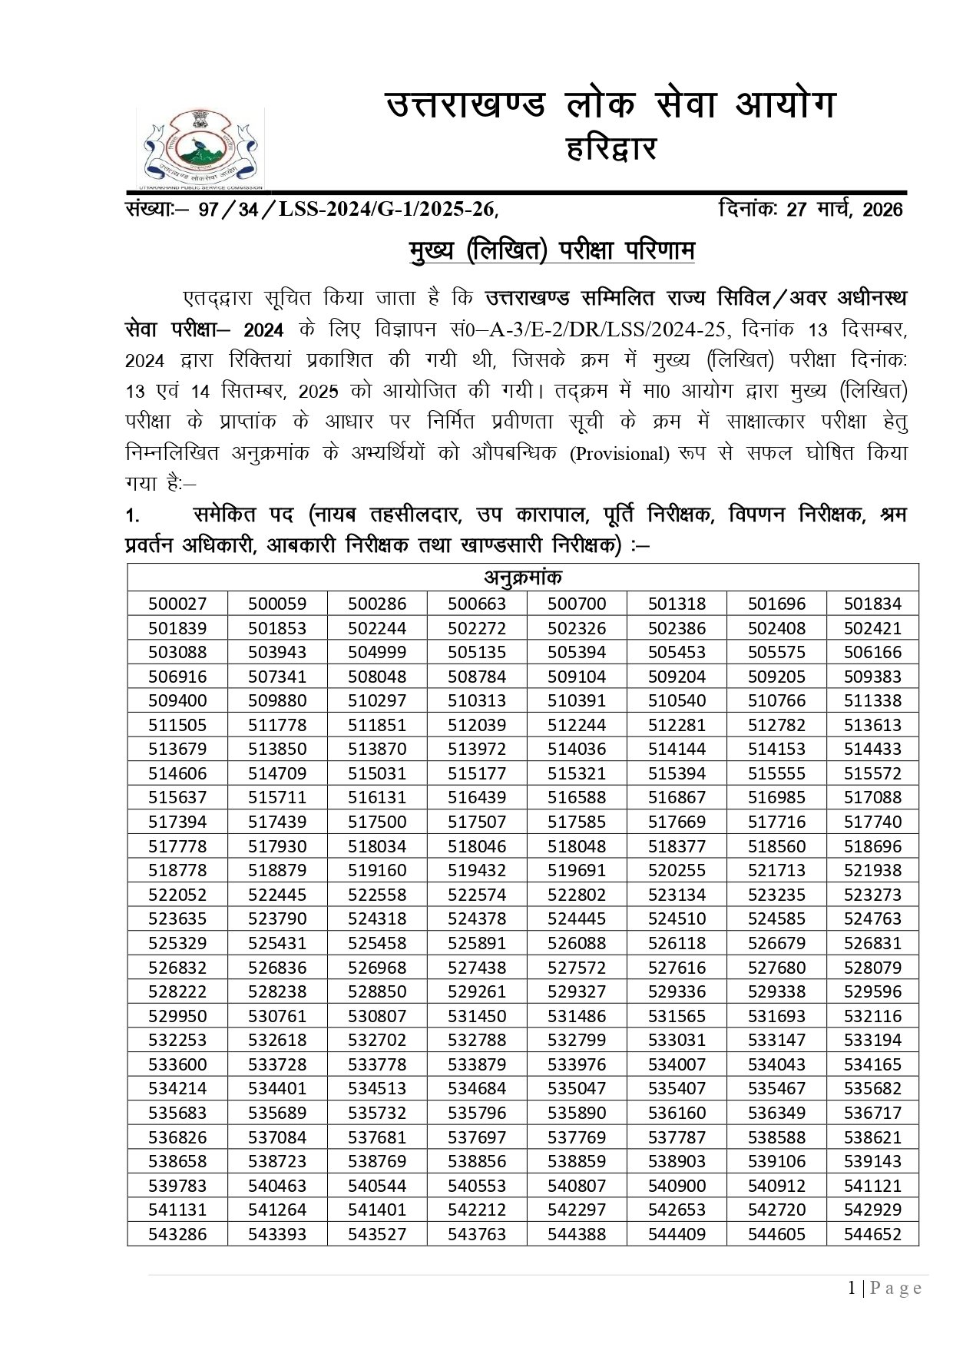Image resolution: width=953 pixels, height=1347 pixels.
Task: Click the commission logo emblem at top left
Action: point(201,148)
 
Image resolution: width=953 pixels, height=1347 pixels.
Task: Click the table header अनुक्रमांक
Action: point(523,577)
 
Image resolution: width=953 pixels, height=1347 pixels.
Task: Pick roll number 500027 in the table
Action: point(177,604)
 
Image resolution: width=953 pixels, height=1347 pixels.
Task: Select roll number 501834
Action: point(872,604)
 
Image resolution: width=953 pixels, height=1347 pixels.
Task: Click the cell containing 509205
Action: point(776,677)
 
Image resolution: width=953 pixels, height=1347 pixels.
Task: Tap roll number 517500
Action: point(377,822)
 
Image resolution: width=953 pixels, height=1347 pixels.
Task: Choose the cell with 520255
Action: point(677,870)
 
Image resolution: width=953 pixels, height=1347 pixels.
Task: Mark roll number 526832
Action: point(177,968)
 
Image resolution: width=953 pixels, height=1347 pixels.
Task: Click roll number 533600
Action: point(177,1064)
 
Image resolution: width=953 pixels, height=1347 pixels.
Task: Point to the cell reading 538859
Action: point(577,1161)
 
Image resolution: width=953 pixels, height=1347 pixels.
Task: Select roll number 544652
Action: point(872,1234)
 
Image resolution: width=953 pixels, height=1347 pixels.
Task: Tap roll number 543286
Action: point(177,1234)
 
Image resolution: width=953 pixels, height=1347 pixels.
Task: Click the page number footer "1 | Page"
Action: point(885,1288)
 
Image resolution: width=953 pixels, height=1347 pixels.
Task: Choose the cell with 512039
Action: point(477,725)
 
